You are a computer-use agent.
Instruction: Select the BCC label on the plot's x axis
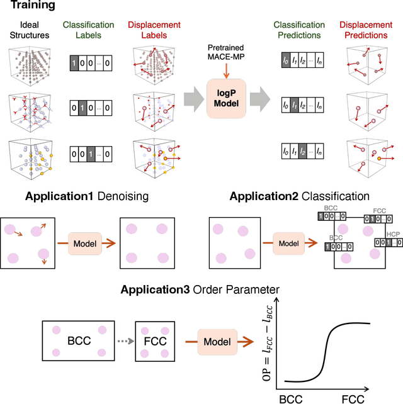click(291, 397)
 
